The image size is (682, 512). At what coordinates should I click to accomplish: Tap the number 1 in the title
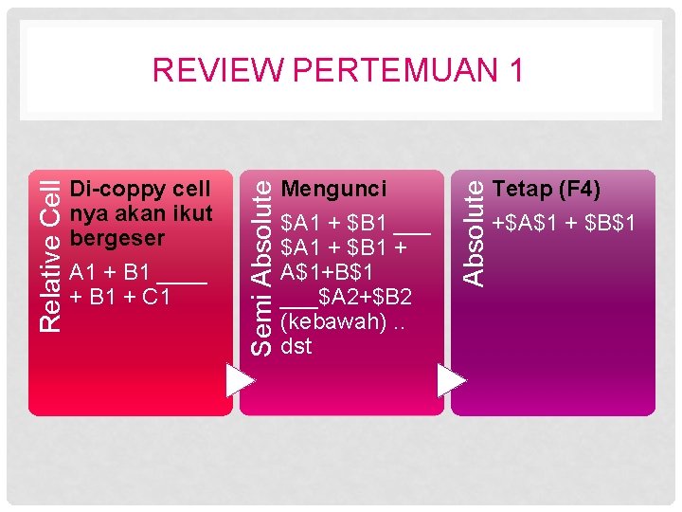(513, 71)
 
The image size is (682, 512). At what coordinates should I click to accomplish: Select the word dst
(296, 346)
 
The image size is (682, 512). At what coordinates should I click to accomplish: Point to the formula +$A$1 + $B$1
(563, 224)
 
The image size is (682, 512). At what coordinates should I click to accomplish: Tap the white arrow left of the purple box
(453, 380)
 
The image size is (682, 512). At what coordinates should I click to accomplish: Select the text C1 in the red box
(156, 297)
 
